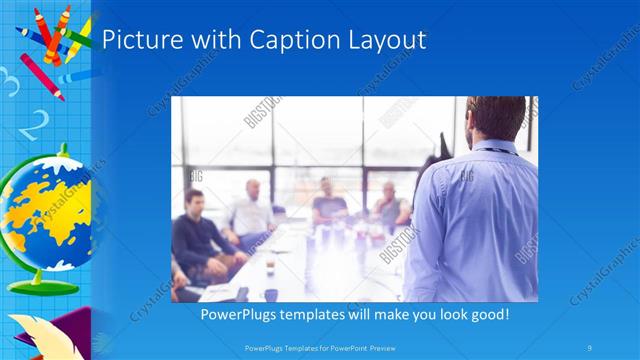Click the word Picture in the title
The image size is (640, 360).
pos(140,41)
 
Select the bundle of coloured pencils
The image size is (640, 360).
pos(50,45)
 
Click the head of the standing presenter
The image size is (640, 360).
pos(497,118)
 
